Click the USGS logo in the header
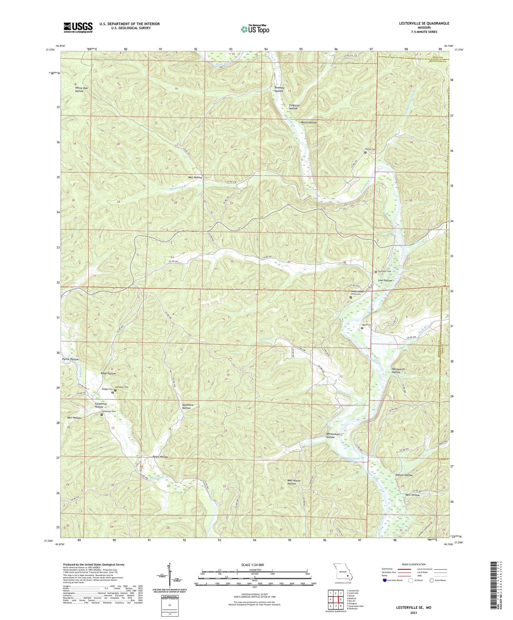click(78, 27)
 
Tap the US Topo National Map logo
click(255, 29)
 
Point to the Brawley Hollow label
click(279, 90)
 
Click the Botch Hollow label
click(309, 122)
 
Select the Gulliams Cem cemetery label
click(384, 271)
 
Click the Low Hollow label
click(385, 280)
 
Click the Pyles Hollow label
click(160, 457)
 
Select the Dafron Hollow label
click(404, 475)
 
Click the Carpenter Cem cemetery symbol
click(102, 415)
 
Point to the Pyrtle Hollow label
click(70, 359)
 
